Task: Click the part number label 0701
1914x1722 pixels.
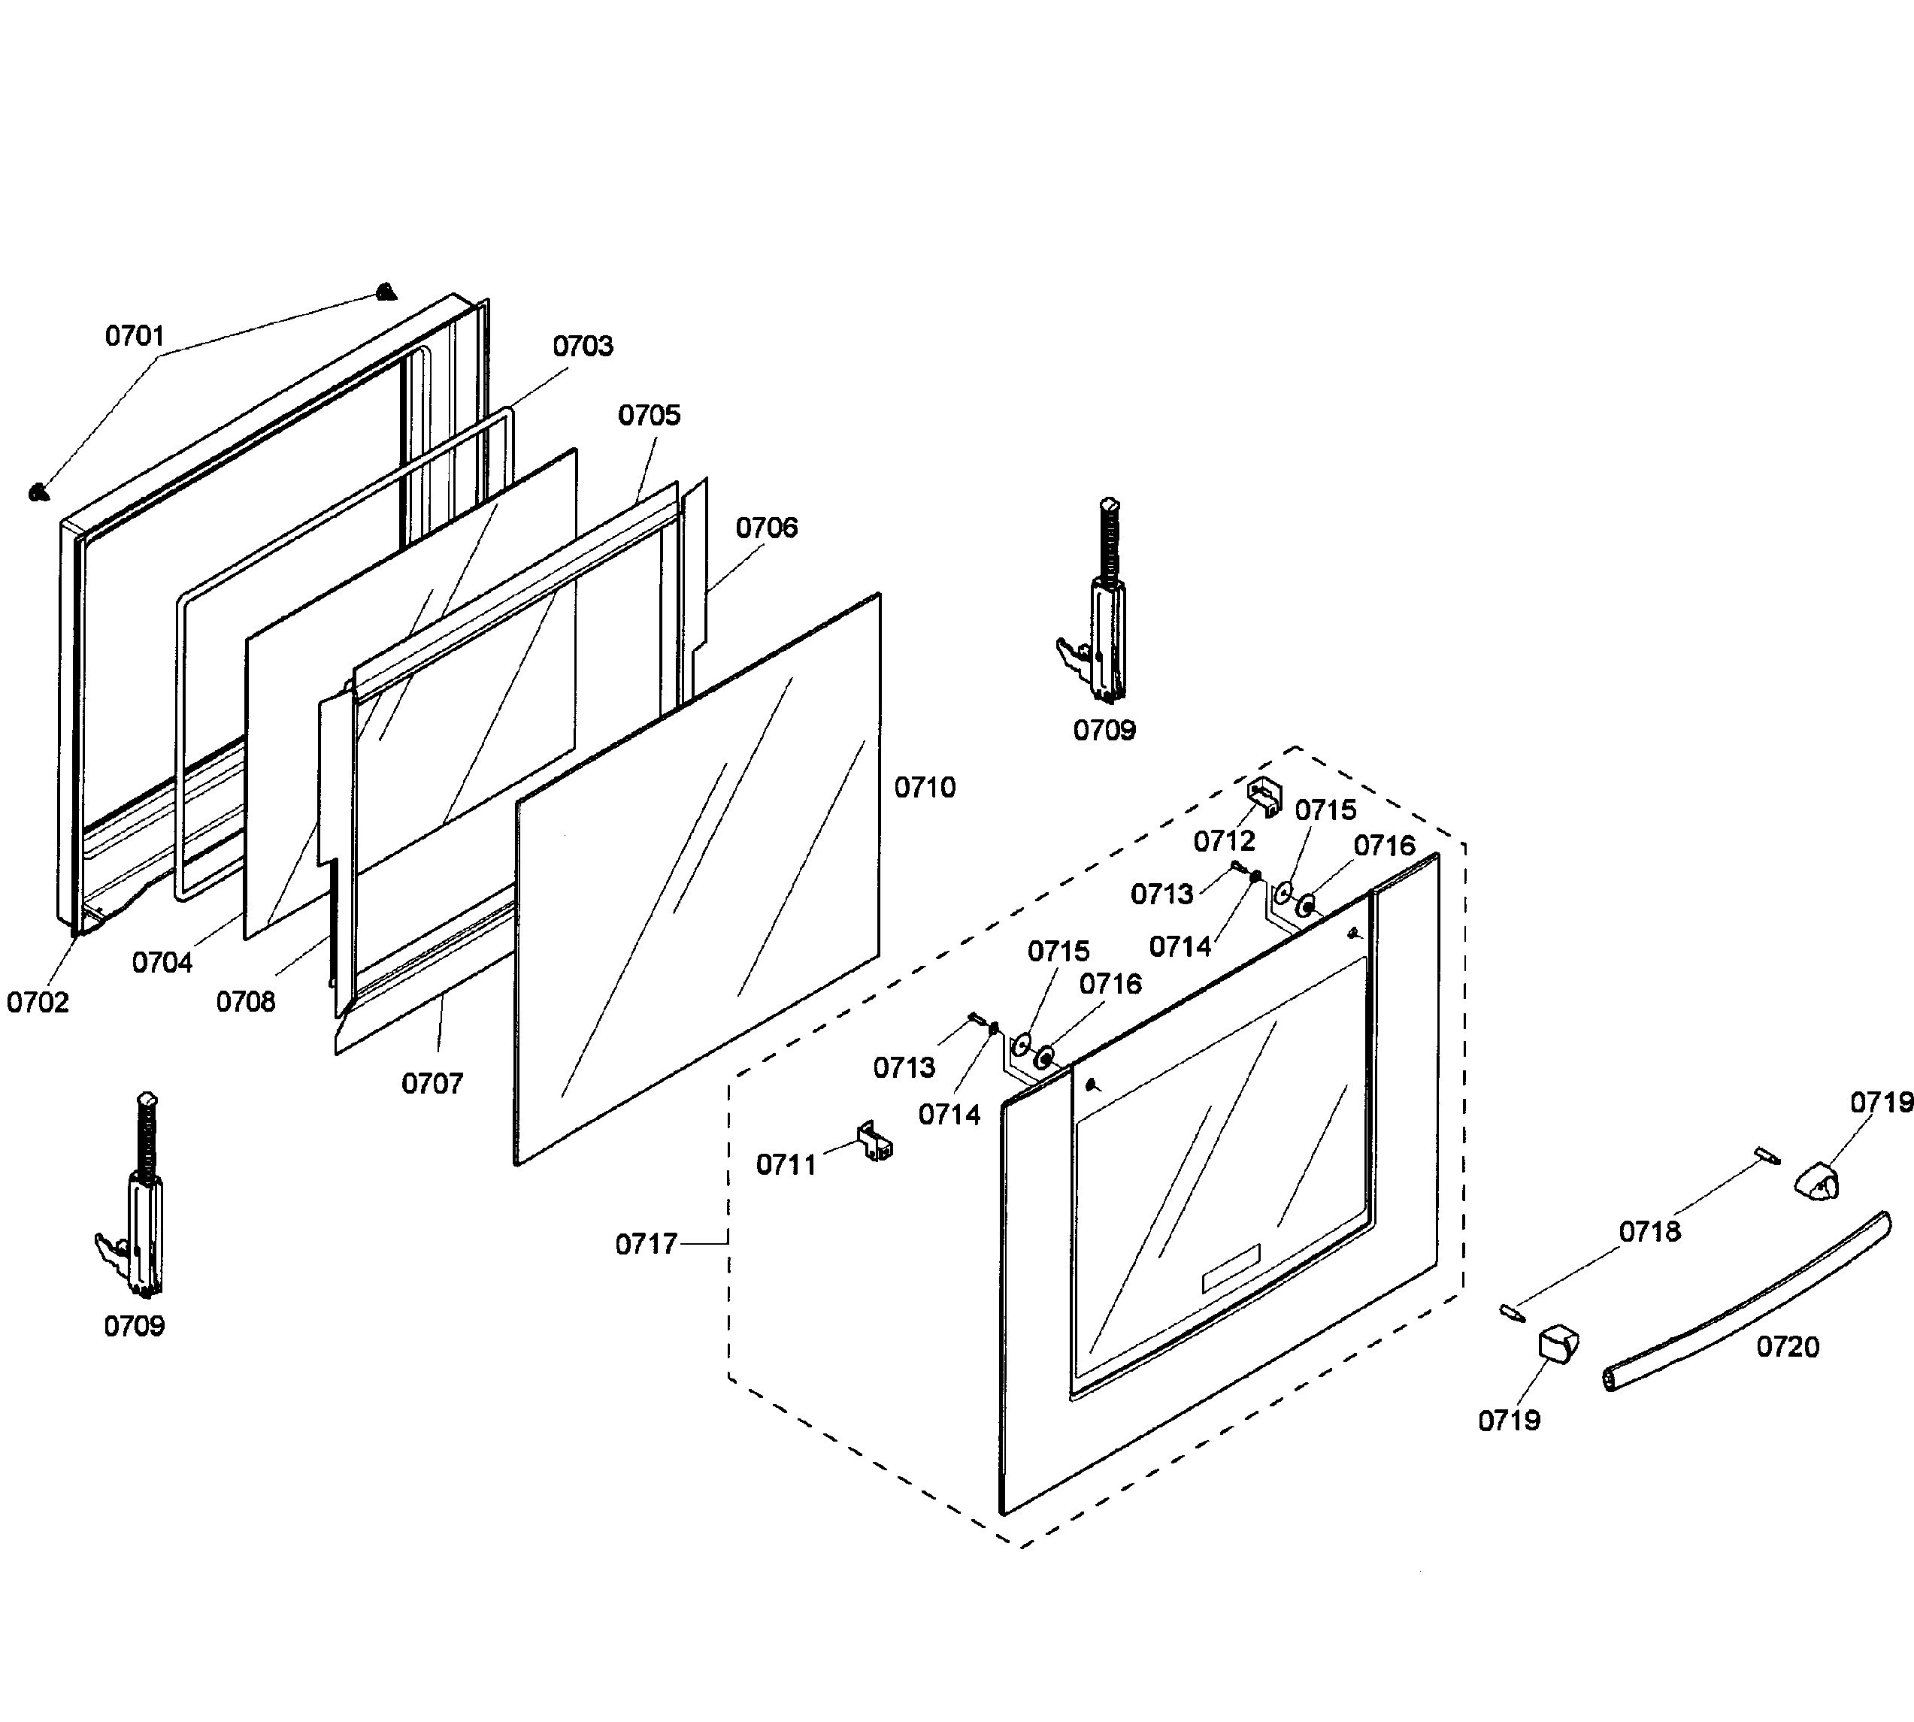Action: coord(135,336)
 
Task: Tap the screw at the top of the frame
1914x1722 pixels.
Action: coord(384,292)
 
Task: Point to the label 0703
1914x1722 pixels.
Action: coord(583,347)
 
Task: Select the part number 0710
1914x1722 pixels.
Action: coord(925,787)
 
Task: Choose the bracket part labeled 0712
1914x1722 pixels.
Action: coord(1265,797)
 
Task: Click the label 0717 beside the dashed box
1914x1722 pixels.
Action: coord(647,1244)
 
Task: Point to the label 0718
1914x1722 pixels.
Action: coord(1649,1231)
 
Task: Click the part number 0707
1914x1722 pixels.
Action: coord(432,1083)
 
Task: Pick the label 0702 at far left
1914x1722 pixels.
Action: coord(38,1003)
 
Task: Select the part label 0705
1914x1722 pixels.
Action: coord(649,416)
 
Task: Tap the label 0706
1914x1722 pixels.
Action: coord(766,528)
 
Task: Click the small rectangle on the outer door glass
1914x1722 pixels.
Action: coord(1230,1269)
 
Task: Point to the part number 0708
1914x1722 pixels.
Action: coord(245,1002)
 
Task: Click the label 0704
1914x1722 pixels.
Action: coord(162,963)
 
